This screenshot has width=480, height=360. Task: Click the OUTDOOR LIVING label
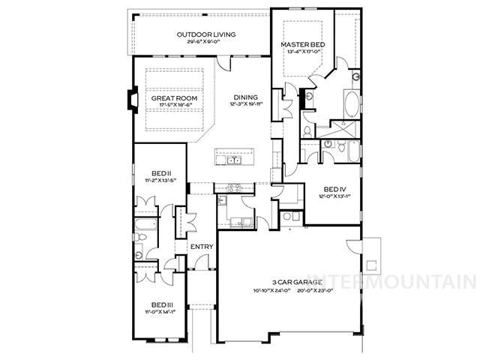coord(206,34)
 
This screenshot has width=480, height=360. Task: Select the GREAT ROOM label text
coord(173,98)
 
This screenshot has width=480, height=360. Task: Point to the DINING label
coord(245,97)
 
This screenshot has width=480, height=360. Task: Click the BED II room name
coord(158,172)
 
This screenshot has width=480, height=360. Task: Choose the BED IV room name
coord(335,189)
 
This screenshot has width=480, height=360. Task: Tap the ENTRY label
coord(201,247)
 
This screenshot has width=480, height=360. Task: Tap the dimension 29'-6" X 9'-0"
coord(206,42)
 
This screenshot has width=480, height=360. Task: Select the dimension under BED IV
coord(335,196)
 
